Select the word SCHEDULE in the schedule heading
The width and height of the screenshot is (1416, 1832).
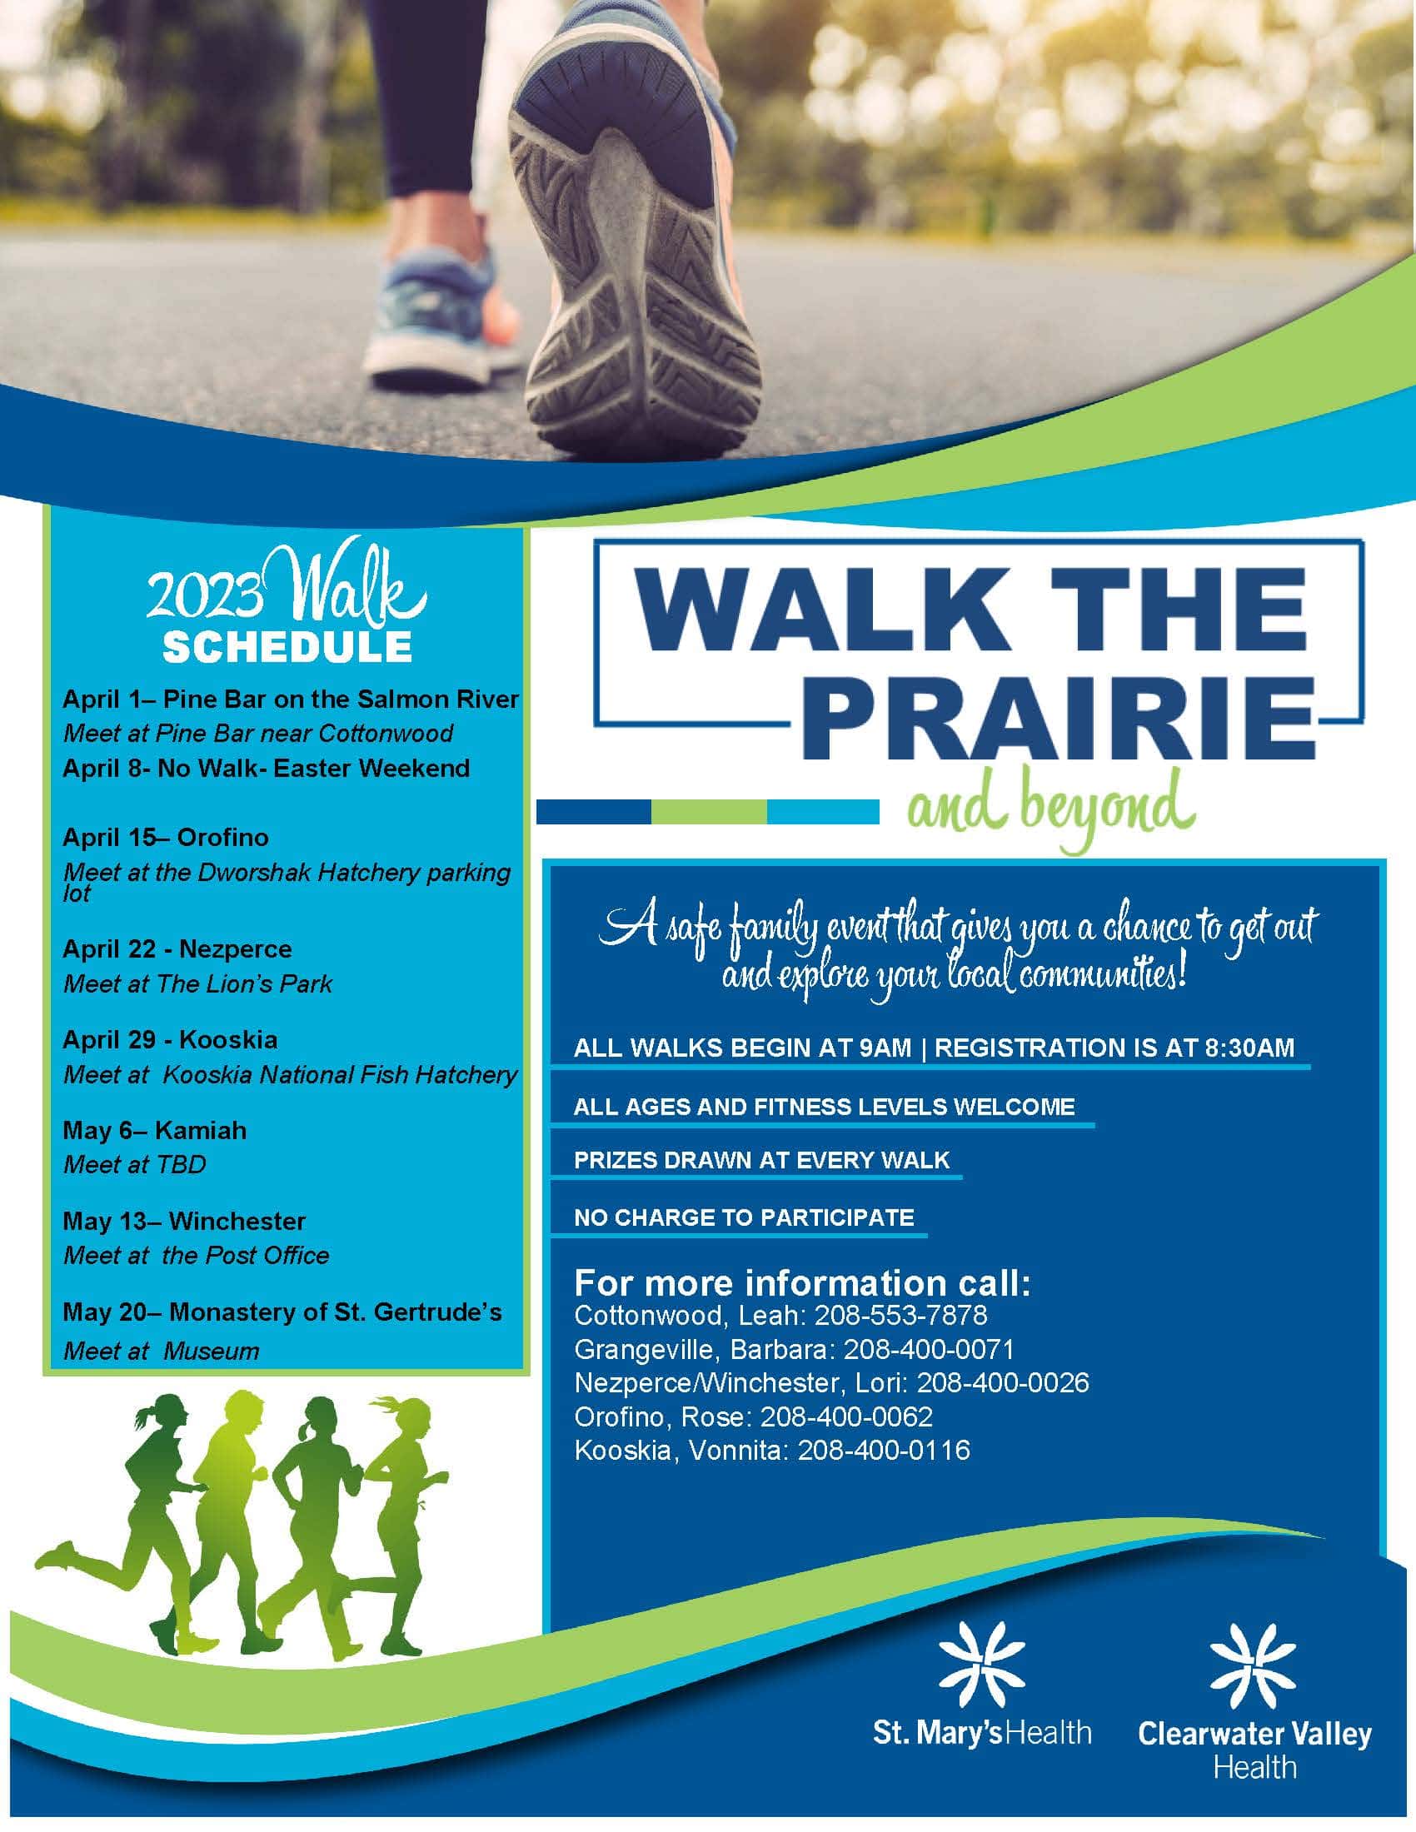tap(287, 647)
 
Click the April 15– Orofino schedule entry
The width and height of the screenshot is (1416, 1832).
tap(165, 837)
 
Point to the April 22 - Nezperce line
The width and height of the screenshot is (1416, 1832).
tap(177, 948)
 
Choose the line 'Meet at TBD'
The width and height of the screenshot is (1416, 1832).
tap(134, 1164)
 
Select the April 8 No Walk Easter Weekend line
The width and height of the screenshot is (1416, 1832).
tap(266, 769)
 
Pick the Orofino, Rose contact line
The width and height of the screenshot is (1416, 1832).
tap(752, 1416)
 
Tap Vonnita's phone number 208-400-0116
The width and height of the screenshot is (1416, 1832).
tap(882, 1451)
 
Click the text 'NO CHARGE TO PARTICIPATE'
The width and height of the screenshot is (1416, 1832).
tap(743, 1217)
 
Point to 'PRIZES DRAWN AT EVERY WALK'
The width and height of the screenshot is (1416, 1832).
tap(760, 1160)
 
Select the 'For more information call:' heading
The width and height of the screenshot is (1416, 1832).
tap(802, 1282)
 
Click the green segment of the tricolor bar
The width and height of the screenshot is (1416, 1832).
tap(708, 812)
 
